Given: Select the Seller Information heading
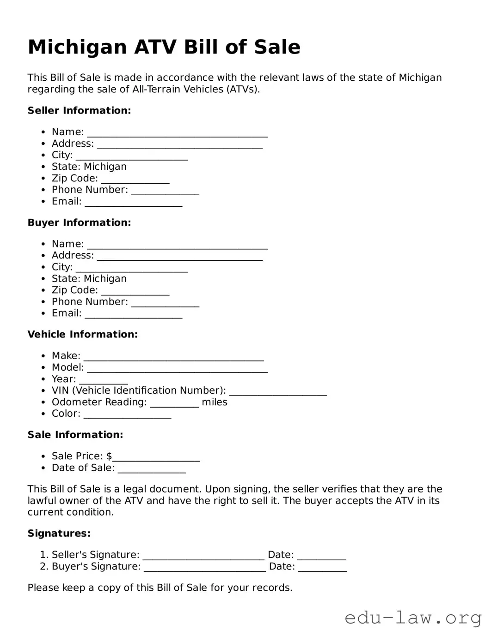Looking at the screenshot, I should [x=79, y=111].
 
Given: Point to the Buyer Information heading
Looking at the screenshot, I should [x=79, y=223].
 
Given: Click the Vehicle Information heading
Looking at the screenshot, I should [x=82, y=335].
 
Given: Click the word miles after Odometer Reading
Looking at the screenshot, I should [x=215, y=402].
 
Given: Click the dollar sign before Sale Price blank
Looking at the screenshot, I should [x=109, y=456].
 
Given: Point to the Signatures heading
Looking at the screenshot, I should [x=59, y=534].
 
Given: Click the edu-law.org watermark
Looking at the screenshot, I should [x=413, y=618].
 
